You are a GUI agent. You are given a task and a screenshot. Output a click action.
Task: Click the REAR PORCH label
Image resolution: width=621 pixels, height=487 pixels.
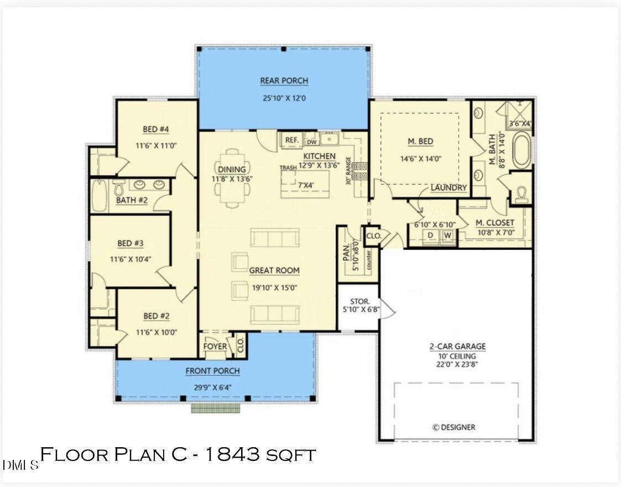[x=284, y=81]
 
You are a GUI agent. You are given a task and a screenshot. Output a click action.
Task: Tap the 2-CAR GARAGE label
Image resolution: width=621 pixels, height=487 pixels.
[x=457, y=347]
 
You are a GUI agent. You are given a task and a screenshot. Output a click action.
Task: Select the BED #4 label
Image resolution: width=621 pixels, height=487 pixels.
[x=155, y=129]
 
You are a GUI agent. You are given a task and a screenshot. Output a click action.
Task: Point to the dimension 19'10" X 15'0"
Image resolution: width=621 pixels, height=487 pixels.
[x=274, y=287]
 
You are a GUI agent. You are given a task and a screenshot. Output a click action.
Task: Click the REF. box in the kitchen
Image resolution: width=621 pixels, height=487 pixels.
[x=291, y=140]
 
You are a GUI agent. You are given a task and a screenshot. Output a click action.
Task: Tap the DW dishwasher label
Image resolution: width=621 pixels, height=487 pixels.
[x=311, y=142]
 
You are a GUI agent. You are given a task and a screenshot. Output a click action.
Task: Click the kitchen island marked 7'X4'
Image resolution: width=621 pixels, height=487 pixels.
[x=304, y=184]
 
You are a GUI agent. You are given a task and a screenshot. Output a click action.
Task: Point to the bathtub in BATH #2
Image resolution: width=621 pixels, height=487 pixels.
[x=99, y=196]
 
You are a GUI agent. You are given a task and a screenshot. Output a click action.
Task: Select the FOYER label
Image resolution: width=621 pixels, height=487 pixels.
[x=215, y=347]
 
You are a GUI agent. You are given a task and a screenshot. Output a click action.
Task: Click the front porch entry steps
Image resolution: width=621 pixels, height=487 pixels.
[x=216, y=408]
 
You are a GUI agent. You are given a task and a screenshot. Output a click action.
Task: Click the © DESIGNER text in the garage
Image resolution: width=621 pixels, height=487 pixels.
[x=453, y=427]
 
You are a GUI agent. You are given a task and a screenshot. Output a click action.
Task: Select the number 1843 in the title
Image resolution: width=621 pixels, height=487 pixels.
[x=233, y=455]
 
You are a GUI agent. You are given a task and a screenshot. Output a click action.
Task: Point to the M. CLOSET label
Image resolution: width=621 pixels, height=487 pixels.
[x=495, y=223]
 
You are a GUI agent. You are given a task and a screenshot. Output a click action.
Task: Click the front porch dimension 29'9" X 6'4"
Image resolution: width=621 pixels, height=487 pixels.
[x=212, y=387]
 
